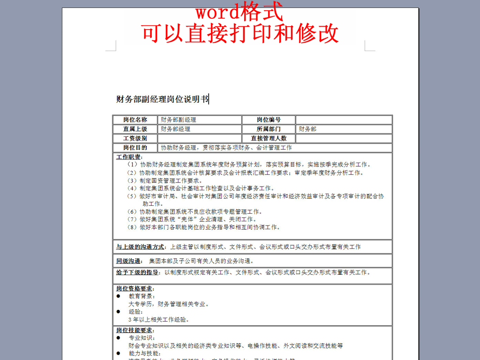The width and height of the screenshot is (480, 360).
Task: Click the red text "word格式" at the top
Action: pyautogui.click(x=239, y=11)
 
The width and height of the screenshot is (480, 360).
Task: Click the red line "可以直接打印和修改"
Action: pyautogui.click(x=240, y=33)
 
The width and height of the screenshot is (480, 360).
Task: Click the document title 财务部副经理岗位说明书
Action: pyautogui.click(x=162, y=99)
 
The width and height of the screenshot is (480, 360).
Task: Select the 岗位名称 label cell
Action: pyautogui.click(x=135, y=120)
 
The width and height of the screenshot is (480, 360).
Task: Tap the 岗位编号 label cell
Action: pyautogui.click(x=269, y=120)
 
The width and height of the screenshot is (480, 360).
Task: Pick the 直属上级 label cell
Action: pyautogui.click(x=135, y=129)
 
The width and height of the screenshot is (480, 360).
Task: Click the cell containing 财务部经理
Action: pyautogui.click(x=176, y=129)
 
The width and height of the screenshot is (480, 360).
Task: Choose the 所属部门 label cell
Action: pyautogui.click(x=269, y=129)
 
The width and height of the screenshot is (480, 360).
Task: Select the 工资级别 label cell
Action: pyautogui.click(x=135, y=138)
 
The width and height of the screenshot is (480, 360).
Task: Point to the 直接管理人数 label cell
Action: pyautogui.click(x=269, y=138)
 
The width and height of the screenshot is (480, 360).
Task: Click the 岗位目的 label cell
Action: pyautogui.click(x=135, y=148)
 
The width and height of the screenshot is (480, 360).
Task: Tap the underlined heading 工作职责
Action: pyautogui.click(x=129, y=157)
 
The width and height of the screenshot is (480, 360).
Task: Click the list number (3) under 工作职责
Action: pyautogui.click(x=132, y=180)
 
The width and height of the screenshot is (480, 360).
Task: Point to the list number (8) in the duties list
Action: pyautogui.click(x=132, y=227)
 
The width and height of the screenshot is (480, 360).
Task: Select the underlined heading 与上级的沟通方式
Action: pyautogui.click(x=141, y=247)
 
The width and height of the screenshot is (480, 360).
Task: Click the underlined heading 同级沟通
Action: pyautogui.click(x=129, y=261)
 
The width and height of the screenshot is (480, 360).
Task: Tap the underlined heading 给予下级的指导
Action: pyautogui.click(x=137, y=272)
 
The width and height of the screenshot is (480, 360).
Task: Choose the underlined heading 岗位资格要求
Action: pyautogui.click(x=135, y=289)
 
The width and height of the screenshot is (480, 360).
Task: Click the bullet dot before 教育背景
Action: pyautogui.click(x=119, y=296)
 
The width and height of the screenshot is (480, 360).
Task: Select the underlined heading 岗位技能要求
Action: pyautogui.click(x=135, y=330)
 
